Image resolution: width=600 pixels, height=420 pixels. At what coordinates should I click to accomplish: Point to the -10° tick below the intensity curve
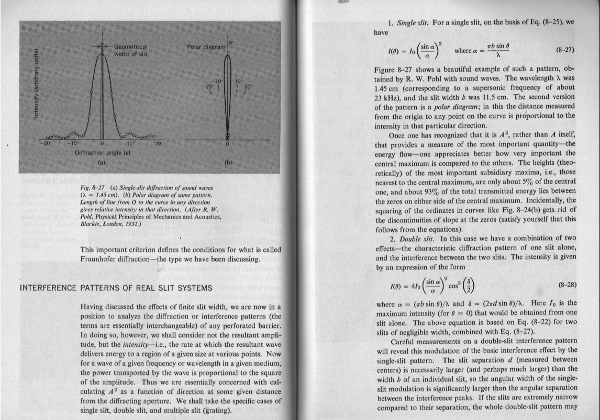[74, 143]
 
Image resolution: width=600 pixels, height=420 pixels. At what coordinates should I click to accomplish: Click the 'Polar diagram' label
[206, 47]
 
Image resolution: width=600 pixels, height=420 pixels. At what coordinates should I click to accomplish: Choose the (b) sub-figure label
[227, 163]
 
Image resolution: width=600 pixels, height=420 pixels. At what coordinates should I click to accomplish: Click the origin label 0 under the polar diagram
[227, 143]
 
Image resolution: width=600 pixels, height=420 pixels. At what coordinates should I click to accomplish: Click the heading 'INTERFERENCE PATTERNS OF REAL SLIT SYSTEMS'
[115, 288]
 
